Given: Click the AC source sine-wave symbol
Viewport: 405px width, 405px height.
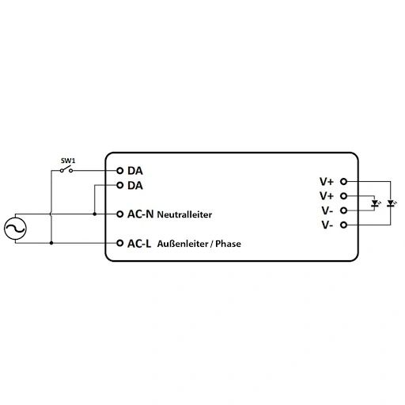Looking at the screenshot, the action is pyautogui.click(x=15, y=229).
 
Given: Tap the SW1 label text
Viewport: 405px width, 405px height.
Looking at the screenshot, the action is pyautogui.click(x=68, y=161).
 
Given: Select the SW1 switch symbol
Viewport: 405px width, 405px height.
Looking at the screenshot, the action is pyautogui.click(x=66, y=169).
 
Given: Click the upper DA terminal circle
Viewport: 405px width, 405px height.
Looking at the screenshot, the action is pyautogui.click(x=120, y=171).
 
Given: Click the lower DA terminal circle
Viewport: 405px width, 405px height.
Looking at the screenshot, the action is pyautogui.click(x=120, y=185).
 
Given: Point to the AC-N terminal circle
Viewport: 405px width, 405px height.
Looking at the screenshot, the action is pyautogui.click(x=120, y=214).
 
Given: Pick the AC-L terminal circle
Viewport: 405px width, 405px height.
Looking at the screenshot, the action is pyautogui.click(x=120, y=243).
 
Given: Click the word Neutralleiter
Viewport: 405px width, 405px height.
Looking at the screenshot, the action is pyautogui.click(x=184, y=214).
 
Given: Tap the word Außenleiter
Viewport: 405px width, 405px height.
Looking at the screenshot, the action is pyautogui.click(x=183, y=244).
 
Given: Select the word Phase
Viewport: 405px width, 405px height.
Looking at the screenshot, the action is pyautogui.click(x=228, y=244).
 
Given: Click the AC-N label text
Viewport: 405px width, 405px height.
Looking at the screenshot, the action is pyautogui.click(x=140, y=214).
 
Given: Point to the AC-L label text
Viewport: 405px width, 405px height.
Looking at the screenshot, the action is pyautogui.click(x=139, y=244).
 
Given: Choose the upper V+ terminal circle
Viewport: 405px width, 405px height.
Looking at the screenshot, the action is pyautogui.click(x=343, y=181).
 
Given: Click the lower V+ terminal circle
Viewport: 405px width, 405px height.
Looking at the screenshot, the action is pyautogui.click(x=343, y=196).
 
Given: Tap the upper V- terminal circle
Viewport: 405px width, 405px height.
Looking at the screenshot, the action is pyautogui.click(x=343, y=210).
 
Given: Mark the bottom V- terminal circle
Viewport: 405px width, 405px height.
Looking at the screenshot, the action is pyautogui.click(x=343, y=225).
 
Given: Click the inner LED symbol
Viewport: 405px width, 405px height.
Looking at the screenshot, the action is pyautogui.click(x=375, y=203).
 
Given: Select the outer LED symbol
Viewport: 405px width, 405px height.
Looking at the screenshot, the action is pyautogui.click(x=391, y=203).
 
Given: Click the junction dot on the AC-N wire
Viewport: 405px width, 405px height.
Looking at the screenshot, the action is pyautogui.click(x=95, y=214).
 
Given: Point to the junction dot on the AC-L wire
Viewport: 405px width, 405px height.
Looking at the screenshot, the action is pyautogui.click(x=51, y=243).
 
